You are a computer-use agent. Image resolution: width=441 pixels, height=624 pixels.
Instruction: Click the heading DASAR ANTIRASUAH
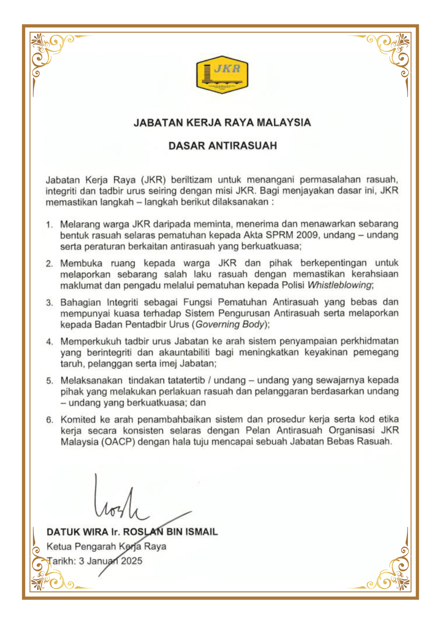click(x=222, y=146)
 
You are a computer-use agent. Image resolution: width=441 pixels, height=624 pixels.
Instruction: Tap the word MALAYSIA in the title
click(x=283, y=123)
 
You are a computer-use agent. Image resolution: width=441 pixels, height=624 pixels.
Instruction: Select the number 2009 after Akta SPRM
click(x=307, y=235)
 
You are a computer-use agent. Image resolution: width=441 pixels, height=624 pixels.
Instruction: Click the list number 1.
click(x=49, y=225)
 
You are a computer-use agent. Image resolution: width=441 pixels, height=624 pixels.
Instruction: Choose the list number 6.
click(x=49, y=420)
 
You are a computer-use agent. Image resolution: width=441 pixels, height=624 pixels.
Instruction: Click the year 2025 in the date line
click(x=131, y=561)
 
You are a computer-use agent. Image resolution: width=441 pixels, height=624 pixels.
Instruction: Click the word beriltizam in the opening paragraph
click(x=191, y=180)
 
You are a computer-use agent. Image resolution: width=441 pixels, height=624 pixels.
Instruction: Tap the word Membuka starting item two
click(x=81, y=263)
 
